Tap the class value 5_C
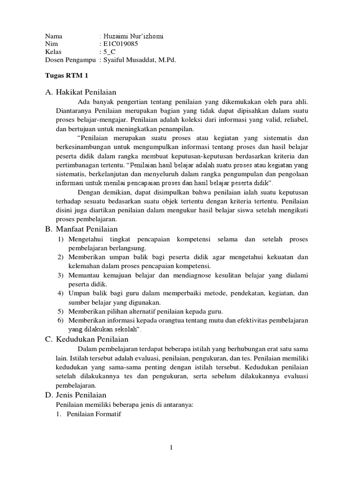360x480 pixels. pos(111,52)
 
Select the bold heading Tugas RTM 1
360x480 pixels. pos(66,75)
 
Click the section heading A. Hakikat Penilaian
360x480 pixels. pos(80,91)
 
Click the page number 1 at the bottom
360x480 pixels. pos(172,447)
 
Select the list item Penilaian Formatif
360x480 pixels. pos(94,414)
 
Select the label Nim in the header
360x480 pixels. pos(51,44)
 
